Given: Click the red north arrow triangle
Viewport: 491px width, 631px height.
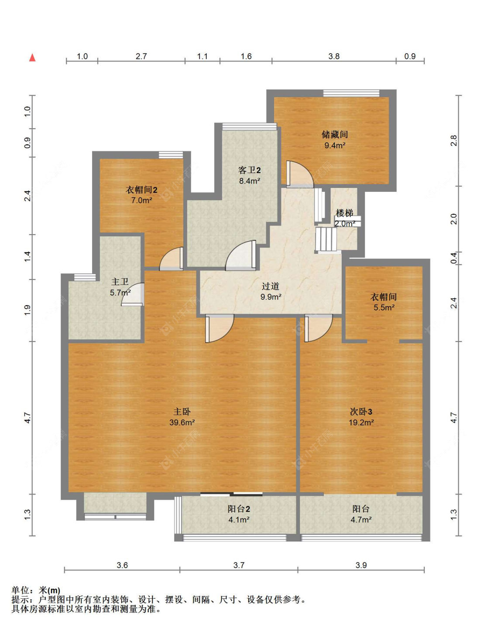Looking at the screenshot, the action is (32, 58).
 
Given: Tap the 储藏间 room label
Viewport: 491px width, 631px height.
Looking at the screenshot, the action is (334, 134).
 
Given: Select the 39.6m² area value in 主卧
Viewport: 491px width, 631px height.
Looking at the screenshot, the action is (182, 422).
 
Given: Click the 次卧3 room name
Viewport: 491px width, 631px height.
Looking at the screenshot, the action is (361, 412).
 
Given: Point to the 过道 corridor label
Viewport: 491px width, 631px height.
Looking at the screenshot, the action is (271, 286).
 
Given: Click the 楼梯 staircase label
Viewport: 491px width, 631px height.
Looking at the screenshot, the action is (344, 213).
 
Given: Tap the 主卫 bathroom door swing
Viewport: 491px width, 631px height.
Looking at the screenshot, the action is (133, 294).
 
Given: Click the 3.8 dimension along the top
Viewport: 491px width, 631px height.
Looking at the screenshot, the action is (334, 56).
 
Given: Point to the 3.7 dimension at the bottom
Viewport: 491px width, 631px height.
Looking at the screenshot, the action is (239, 565).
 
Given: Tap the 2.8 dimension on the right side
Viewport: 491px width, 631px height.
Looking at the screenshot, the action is (453, 141).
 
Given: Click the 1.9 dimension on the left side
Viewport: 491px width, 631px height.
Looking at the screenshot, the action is (27, 310).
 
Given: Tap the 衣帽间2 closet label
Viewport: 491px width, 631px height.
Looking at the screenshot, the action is (141, 190).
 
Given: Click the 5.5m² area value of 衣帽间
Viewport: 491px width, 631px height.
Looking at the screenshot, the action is (384, 307).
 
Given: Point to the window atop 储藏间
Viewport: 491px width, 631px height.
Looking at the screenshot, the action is (351, 93).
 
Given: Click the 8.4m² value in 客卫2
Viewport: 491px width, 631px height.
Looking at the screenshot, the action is (249, 181).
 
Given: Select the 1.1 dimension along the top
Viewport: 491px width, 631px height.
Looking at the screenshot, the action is (202, 56).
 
